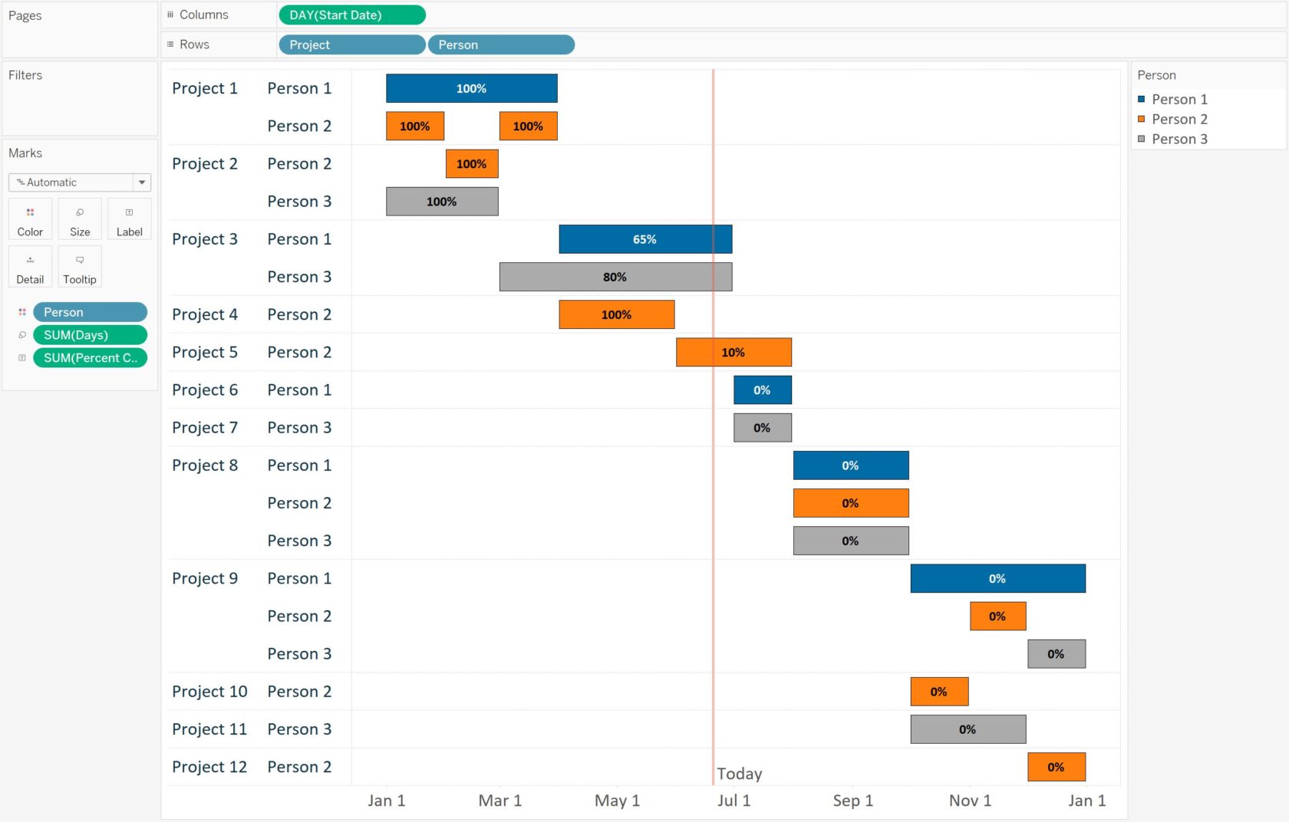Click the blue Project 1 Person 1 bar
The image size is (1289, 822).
pos(471,88)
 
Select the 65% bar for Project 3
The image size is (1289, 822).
pos(644,239)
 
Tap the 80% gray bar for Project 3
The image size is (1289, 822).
pos(615,277)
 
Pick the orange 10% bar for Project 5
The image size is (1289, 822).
pos(733,352)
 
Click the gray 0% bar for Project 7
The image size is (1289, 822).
pos(762,428)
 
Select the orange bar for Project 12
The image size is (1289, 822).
pos(1056,767)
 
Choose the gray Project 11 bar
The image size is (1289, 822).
pos(968,729)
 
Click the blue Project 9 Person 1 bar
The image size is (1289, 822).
pos(997,579)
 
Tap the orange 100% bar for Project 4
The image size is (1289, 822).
pos(616,314)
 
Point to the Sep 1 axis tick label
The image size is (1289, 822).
pos(852,801)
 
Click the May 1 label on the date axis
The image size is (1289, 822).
pos(617,801)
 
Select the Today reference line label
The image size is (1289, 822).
pos(739,774)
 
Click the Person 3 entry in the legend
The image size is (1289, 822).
pos(1179,139)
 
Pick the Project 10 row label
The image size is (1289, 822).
pos(209,692)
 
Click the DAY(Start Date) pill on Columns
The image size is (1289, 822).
pos(351,15)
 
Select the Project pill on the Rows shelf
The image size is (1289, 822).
pos(351,45)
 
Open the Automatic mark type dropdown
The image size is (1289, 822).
pos(80,182)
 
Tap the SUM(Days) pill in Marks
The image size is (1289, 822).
pos(90,335)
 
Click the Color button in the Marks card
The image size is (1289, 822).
pos(30,219)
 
